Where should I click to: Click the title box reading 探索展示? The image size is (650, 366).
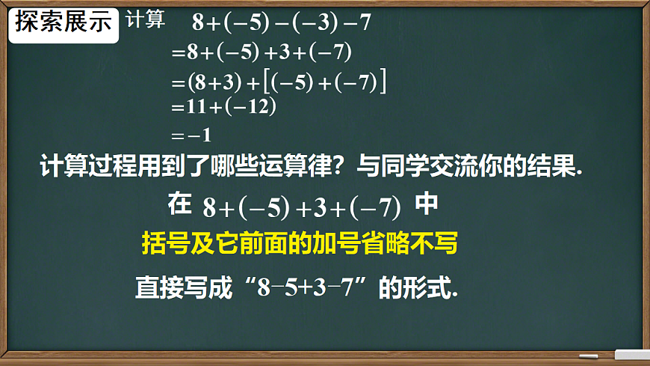coord(64,22)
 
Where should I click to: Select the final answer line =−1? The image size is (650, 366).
coord(192,135)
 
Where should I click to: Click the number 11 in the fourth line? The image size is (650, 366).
coord(196,107)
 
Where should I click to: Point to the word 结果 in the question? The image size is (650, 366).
coord(553,166)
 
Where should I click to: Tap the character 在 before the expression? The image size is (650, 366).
coord(180,204)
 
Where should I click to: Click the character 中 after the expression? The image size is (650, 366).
coord(427,204)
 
